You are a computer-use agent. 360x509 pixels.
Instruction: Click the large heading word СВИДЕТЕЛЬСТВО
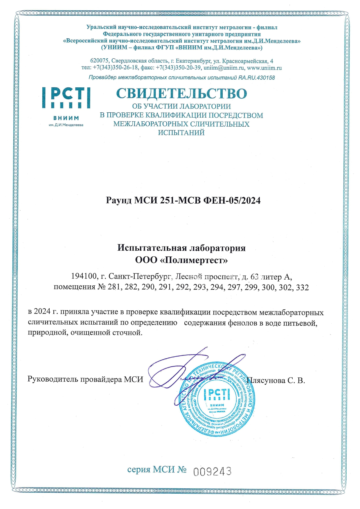(x=181, y=93)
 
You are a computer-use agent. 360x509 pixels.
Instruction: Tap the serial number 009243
(x=212, y=472)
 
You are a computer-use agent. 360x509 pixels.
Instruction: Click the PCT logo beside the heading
(x=66, y=98)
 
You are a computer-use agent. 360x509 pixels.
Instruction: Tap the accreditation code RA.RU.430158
(x=257, y=78)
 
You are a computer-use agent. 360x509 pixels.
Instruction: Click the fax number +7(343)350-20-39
(x=178, y=68)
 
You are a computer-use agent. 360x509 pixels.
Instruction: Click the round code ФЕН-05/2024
(x=232, y=200)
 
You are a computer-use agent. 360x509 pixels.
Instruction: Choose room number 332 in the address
(x=302, y=287)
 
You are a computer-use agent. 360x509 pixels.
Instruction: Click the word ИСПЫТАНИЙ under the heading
(x=181, y=133)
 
